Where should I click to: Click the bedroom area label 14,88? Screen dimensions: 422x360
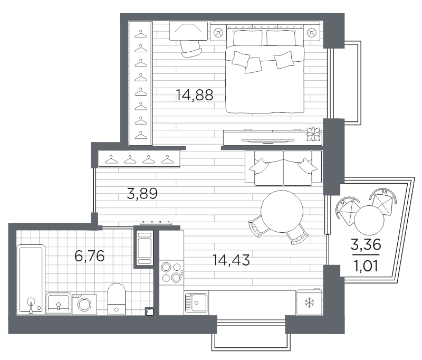[194, 95]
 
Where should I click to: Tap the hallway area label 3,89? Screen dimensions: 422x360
[142, 193]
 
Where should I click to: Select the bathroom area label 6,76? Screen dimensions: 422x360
[89, 256]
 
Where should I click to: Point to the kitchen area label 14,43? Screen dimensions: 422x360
[231, 260]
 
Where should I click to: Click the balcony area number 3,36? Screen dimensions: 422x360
[366, 244]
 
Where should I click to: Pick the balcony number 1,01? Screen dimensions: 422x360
[366, 266]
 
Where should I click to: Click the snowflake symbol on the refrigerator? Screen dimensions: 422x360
[309, 302]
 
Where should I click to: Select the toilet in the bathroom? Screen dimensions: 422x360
[116, 299]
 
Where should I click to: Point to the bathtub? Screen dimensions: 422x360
[31, 279]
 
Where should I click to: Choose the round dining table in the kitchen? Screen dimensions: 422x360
[282, 211]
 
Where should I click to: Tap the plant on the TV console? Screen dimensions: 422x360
[313, 134]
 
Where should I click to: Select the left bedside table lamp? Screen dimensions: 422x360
[218, 33]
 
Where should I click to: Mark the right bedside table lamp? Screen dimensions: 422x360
[312, 33]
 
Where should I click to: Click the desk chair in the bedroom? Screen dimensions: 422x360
[191, 49]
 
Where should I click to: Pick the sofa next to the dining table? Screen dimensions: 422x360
[283, 168]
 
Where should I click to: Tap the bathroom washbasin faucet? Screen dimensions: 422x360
[59, 306]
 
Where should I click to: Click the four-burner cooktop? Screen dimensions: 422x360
[171, 272]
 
